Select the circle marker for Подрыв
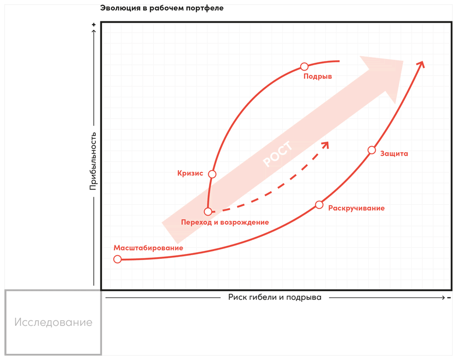304,67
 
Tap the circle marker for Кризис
212,174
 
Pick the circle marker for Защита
371,150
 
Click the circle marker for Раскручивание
319,205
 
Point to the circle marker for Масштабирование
117,259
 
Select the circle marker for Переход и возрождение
208,211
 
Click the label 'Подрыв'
318,77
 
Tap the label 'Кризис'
190,173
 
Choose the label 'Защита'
394,154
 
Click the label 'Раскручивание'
356,208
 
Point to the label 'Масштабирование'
148,248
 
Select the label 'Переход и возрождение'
225,222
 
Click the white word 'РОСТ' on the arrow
277,154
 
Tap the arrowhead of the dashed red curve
326,145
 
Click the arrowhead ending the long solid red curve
421,64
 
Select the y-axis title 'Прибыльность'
94,161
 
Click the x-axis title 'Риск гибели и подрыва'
275,297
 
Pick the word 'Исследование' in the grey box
53,322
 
